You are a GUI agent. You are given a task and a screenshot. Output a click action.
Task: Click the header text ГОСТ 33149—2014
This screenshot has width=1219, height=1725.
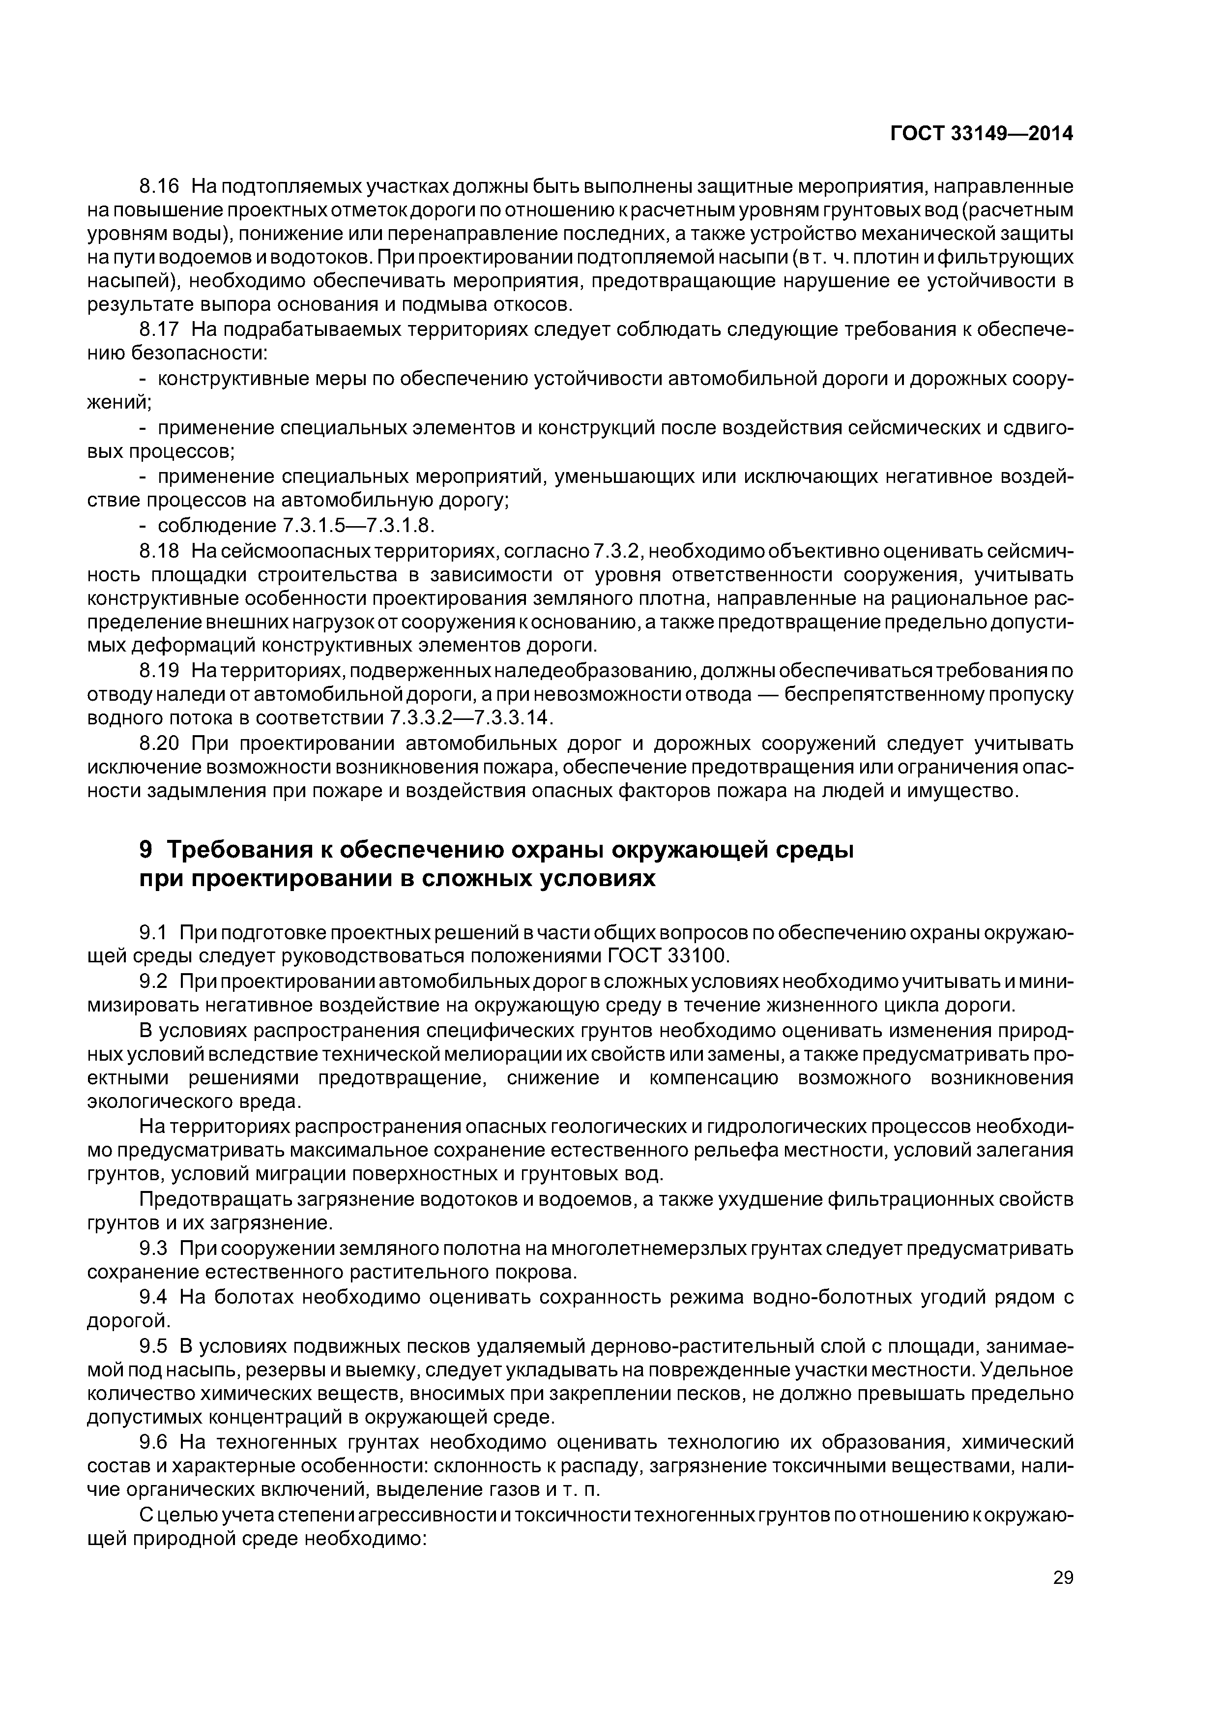point(981,134)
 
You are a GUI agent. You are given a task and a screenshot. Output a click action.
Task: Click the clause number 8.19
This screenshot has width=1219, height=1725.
point(159,670)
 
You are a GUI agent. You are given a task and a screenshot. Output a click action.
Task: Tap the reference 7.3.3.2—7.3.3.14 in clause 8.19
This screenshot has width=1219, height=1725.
point(471,718)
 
